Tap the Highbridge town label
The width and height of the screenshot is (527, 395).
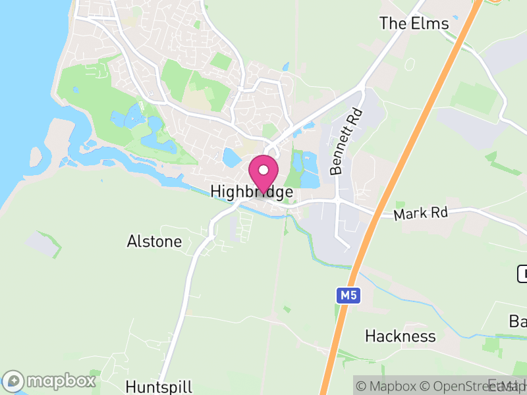252,192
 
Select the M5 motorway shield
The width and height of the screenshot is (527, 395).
349,296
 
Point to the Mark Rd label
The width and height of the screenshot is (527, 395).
420,214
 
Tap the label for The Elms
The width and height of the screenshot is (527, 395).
414,24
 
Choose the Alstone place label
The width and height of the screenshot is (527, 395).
154,242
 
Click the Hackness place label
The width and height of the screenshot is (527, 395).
401,336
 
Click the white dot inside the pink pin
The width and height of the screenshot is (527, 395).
263,170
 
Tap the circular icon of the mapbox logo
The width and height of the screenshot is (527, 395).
14,381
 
